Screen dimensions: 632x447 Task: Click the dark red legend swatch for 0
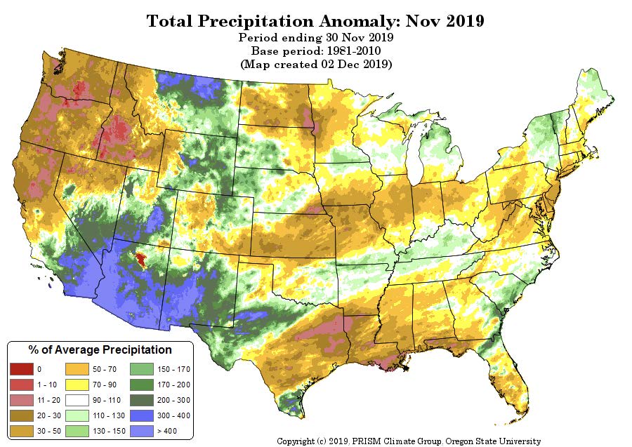(21, 369)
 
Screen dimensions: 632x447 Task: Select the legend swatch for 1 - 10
(21, 385)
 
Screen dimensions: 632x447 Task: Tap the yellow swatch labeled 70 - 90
(77, 385)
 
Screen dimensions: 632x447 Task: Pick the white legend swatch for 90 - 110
(77, 400)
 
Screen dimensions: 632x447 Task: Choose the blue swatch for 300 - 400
(142, 415)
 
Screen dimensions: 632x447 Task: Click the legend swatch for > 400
(142, 431)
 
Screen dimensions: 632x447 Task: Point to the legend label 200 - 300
(173, 400)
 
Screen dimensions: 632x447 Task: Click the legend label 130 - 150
(109, 431)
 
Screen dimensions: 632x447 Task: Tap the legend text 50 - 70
(105, 369)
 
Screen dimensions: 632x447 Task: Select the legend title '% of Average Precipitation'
(100, 349)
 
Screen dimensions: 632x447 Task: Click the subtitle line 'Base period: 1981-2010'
(316, 51)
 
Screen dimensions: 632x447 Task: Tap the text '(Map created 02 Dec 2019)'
(316, 64)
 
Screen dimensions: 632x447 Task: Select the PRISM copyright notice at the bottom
(409, 441)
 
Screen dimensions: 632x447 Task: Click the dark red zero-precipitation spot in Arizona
(140, 260)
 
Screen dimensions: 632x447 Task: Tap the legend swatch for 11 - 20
(21, 400)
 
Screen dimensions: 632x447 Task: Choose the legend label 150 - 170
(173, 369)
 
